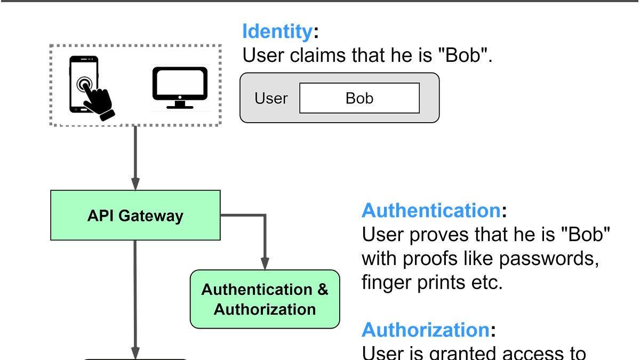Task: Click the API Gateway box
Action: coord(135,215)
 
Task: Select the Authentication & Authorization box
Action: coord(265,299)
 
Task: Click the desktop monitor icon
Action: coord(180,87)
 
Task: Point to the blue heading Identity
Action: coord(276,32)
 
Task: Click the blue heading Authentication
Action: coord(431,211)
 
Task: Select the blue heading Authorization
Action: coord(425,330)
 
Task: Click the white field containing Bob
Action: coord(359,98)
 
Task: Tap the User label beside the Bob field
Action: coord(271,98)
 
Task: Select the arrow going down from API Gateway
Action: coord(135,299)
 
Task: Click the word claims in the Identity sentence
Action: coord(318,55)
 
